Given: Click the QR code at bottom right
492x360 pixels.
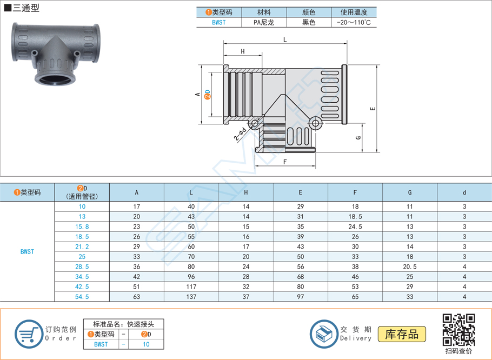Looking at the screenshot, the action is point(458,330).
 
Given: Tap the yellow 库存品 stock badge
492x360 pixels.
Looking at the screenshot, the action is point(402,334).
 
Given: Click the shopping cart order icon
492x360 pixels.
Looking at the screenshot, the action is point(29,334).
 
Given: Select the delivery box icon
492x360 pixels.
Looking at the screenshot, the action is point(324,334).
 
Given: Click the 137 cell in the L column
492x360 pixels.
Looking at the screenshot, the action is point(191,297).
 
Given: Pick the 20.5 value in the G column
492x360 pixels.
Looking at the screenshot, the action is point(410,266).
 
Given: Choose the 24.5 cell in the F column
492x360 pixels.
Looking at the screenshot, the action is point(355,226).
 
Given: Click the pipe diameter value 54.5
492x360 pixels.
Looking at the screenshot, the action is point(82,297).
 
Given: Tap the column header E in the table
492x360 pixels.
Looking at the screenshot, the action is point(300,192).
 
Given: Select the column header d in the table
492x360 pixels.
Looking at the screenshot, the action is point(464,192).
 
